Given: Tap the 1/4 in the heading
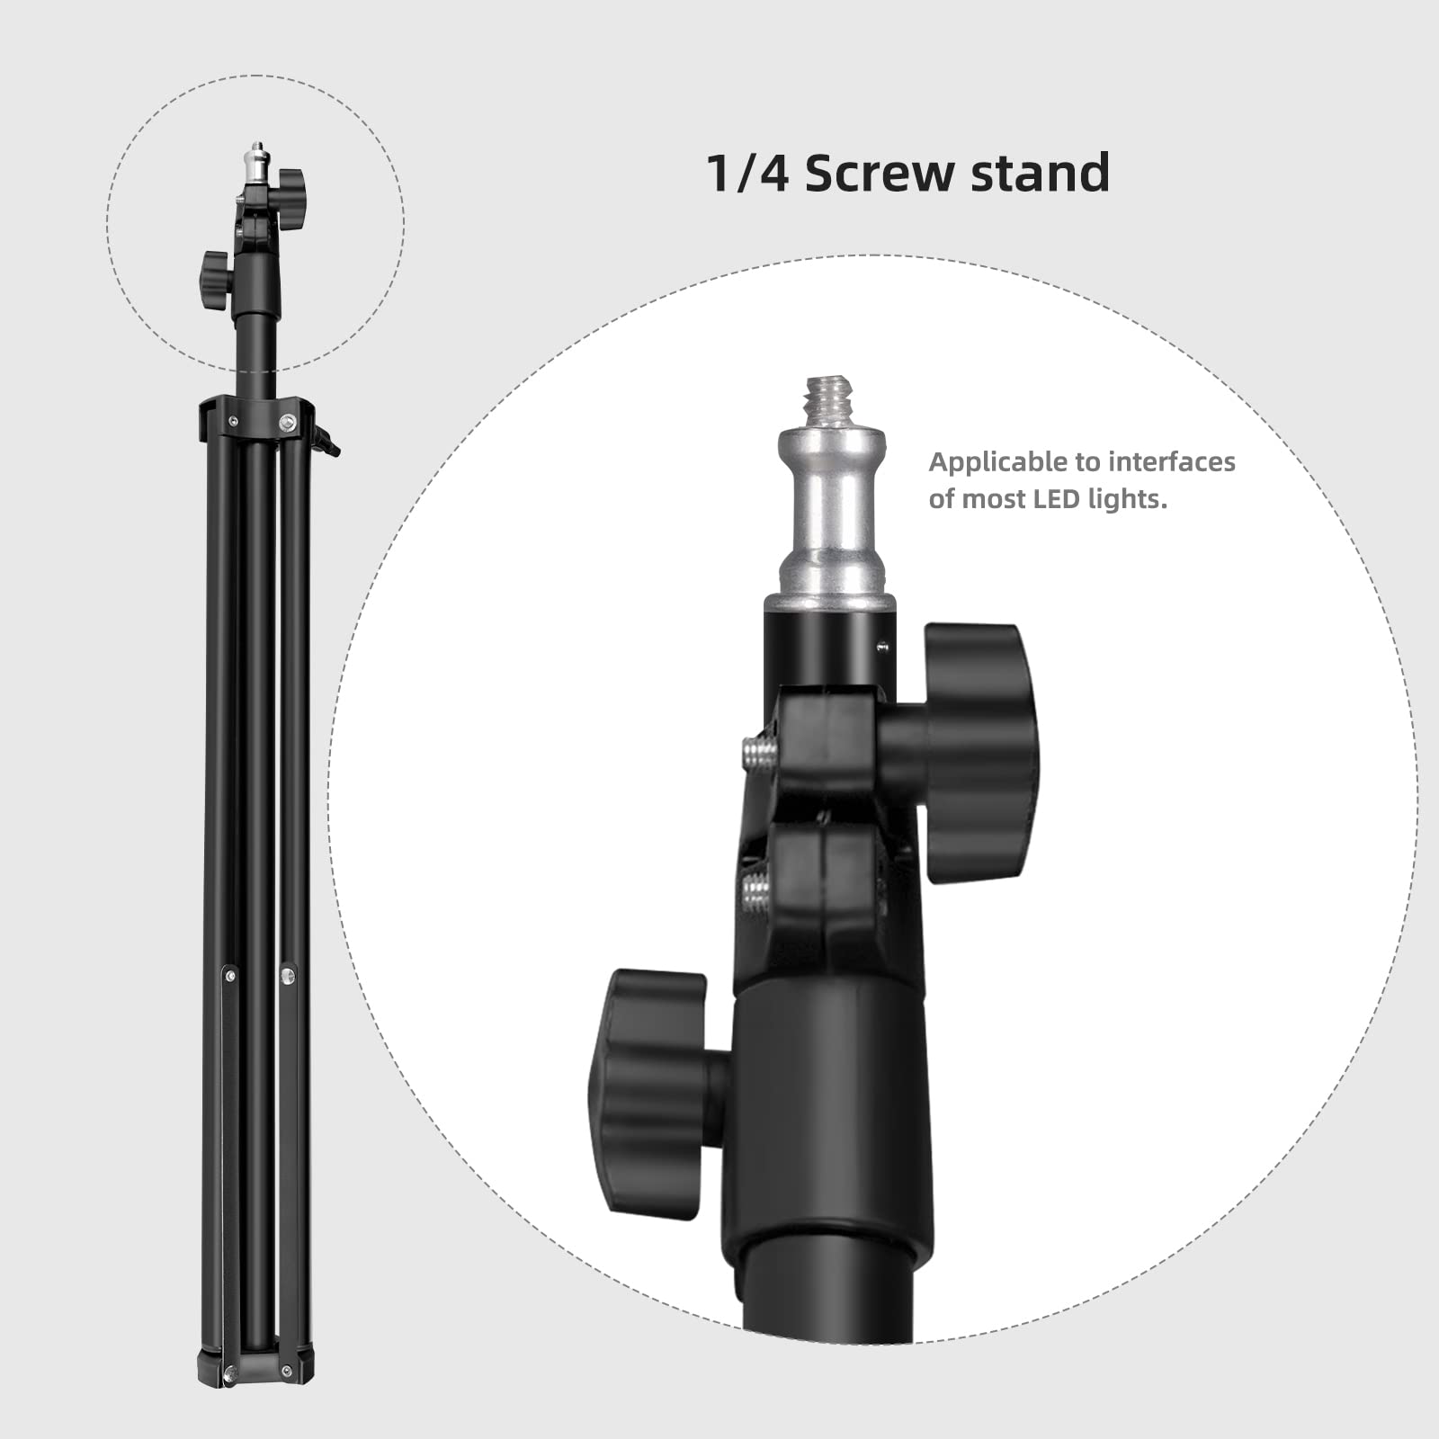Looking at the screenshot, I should point(747,173).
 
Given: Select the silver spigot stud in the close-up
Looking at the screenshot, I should point(832,513).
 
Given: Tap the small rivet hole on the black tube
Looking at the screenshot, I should point(882,645).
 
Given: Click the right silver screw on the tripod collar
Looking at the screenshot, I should point(288,420).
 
